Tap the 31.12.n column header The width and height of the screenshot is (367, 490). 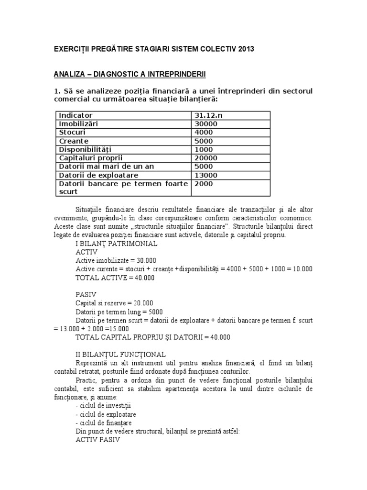[x=208, y=115]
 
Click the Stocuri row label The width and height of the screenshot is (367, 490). [x=72, y=132]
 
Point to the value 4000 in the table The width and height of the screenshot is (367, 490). [x=205, y=132]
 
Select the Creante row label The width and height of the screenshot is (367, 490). [x=74, y=141]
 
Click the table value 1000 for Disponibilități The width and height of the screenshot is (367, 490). [x=205, y=149]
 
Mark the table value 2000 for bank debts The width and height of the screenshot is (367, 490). [x=205, y=184]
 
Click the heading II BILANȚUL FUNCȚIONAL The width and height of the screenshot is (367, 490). [x=121, y=355]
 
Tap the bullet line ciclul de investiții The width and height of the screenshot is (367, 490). [x=99, y=405]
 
